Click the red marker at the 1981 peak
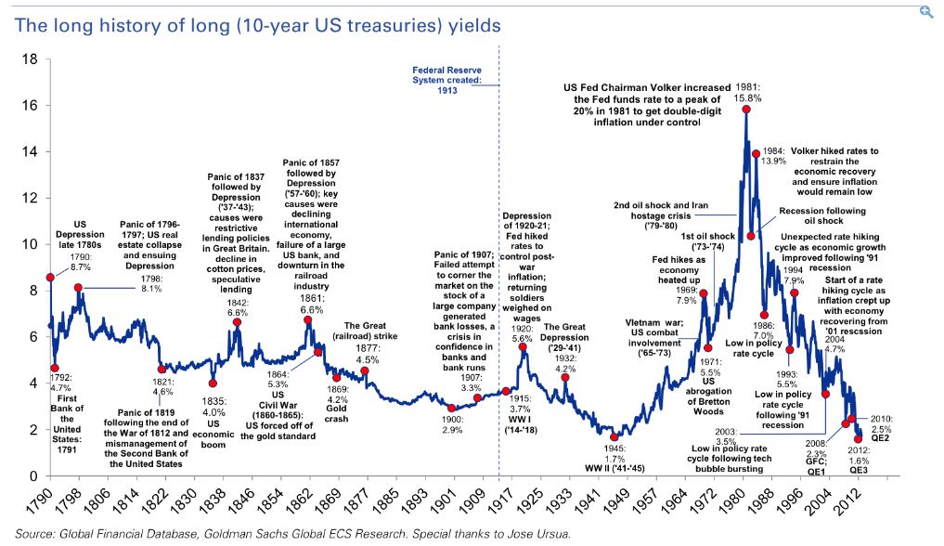coord(746,110)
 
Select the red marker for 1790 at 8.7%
coord(49,278)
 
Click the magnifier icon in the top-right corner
coord(925,12)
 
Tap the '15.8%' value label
coord(748,95)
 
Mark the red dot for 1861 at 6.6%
coord(307,320)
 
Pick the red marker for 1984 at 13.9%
coord(756,153)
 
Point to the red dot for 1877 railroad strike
coord(365,370)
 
